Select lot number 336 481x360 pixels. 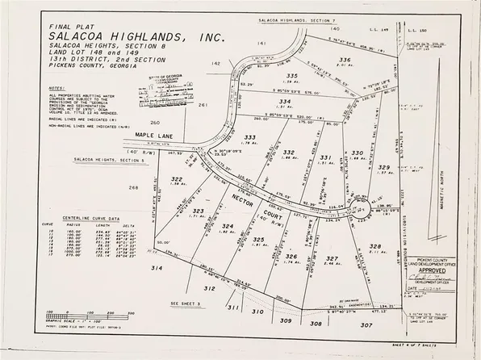(344, 60)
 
